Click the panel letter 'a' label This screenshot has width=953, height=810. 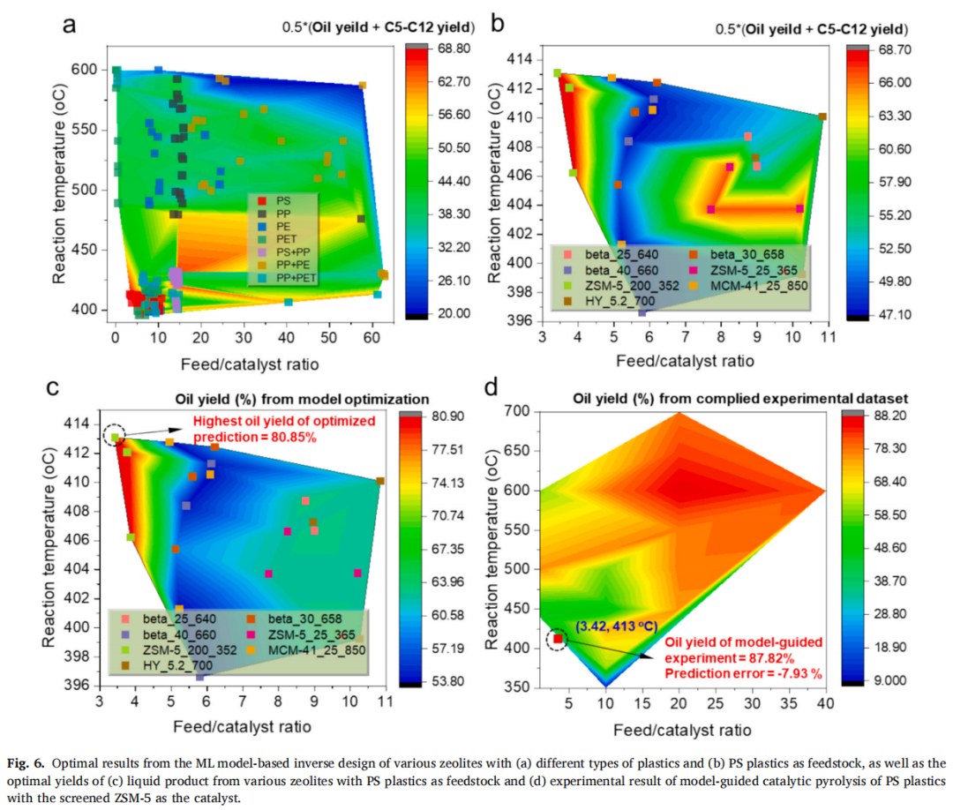tap(69, 23)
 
